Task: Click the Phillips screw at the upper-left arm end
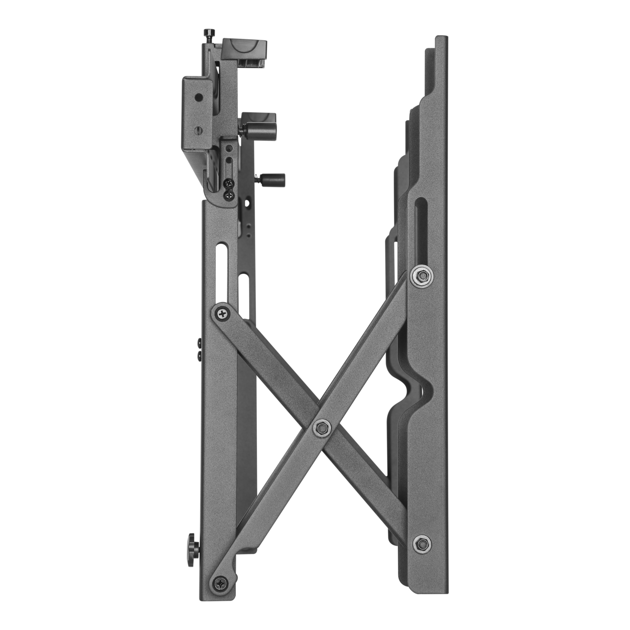222,313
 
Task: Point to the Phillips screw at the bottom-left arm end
222,582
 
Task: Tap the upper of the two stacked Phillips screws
229,183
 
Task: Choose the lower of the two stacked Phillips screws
229,195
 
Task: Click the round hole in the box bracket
197,96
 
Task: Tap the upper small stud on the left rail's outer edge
199,343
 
